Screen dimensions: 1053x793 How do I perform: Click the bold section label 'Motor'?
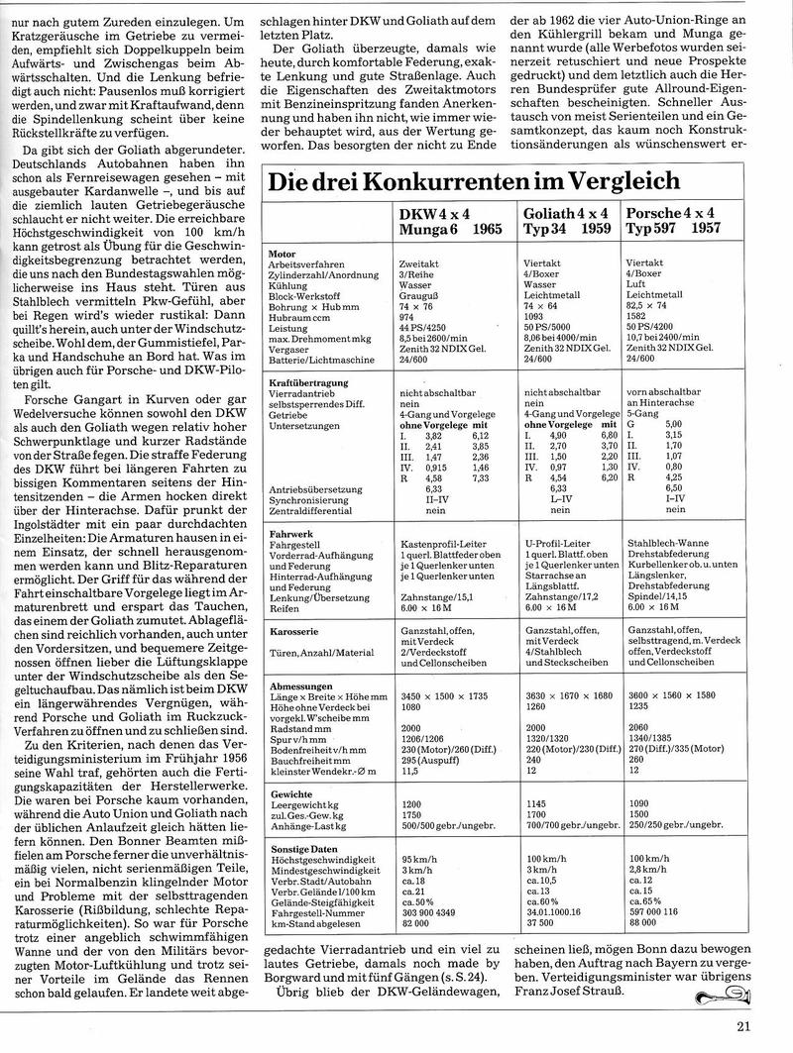coord(283,254)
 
